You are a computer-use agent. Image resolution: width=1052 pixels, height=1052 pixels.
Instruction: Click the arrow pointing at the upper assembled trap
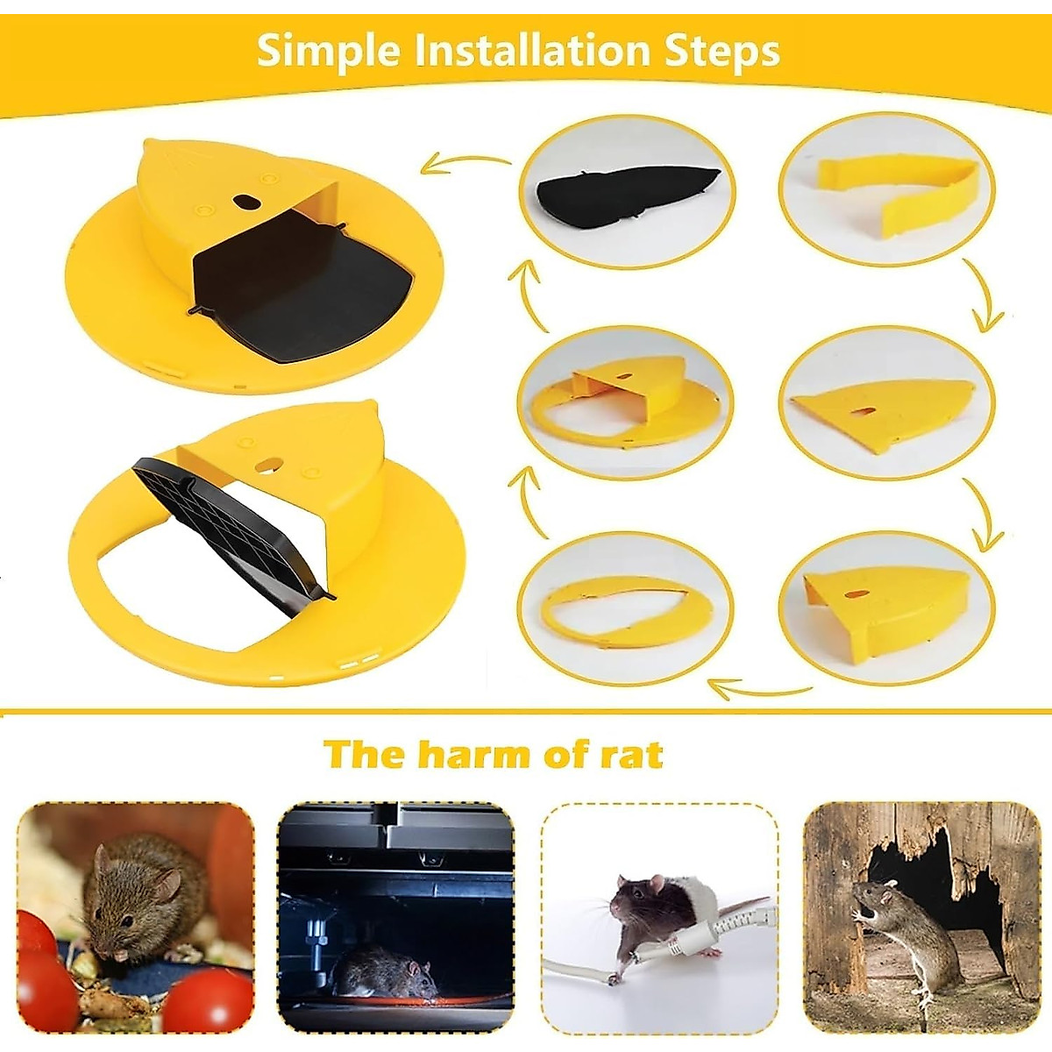pos(465,162)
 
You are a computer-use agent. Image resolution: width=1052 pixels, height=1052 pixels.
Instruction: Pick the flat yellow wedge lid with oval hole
pos(881,409)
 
